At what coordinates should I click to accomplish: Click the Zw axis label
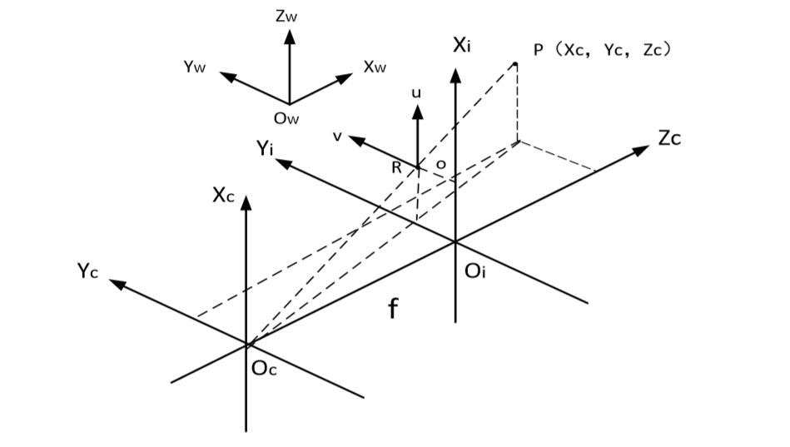[286, 16]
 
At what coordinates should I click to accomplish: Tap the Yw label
[195, 67]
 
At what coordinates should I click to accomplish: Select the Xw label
[375, 67]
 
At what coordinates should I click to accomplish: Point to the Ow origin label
[286, 118]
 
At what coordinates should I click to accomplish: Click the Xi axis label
[461, 45]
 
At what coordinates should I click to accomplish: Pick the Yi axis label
[265, 148]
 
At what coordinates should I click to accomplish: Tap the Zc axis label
[669, 138]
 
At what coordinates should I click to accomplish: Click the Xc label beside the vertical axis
[223, 195]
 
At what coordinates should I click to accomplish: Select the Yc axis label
[87, 271]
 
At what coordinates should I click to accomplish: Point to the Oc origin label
[264, 369]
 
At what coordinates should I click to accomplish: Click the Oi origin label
[474, 271]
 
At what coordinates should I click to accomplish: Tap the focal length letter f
[393, 308]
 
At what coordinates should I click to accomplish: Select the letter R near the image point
[396, 168]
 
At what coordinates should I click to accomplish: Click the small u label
[416, 92]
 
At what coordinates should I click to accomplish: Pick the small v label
[338, 136]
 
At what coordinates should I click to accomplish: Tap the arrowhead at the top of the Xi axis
[455, 76]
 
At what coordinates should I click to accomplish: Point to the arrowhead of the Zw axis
[289, 37]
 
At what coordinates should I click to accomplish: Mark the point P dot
[515, 64]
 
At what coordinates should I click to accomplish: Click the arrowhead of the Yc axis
[118, 284]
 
